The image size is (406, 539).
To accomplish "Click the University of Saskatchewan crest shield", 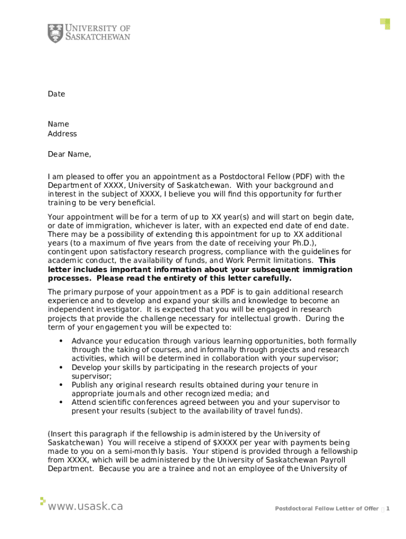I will click(x=55, y=33).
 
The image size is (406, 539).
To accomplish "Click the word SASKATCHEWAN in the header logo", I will click(x=98, y=37).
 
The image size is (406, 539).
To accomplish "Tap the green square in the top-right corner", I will click(x=386, y=23).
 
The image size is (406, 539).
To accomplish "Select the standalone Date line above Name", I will click(x=56, y=94).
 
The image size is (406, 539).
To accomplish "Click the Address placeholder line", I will click(x=62, y=134).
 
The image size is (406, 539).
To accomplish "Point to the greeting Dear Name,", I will click(x=69, y=154).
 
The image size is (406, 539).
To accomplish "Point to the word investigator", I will click(x=117, y=310).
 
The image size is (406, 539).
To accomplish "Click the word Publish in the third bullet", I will click(x=85, y=385).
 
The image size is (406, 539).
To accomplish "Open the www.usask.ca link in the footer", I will click(x=85, y=506).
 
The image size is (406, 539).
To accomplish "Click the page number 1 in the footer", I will click(x=388, y=508).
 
